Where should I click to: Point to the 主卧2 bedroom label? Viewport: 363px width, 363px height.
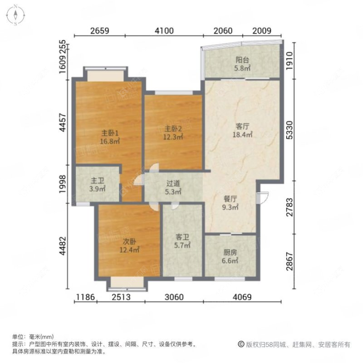173,128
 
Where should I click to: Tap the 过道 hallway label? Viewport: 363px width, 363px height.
173,184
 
